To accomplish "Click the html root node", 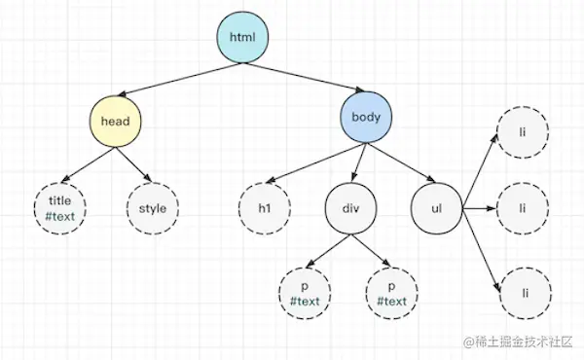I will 241,37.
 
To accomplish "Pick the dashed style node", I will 153,206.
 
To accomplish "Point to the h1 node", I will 265,207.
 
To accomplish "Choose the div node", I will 351,207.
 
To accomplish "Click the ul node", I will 435,207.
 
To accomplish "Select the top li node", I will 523,129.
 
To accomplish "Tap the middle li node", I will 523,207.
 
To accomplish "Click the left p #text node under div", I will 306,292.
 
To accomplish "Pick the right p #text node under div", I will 392,292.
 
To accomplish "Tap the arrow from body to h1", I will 311,162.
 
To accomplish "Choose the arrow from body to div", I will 358,162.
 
